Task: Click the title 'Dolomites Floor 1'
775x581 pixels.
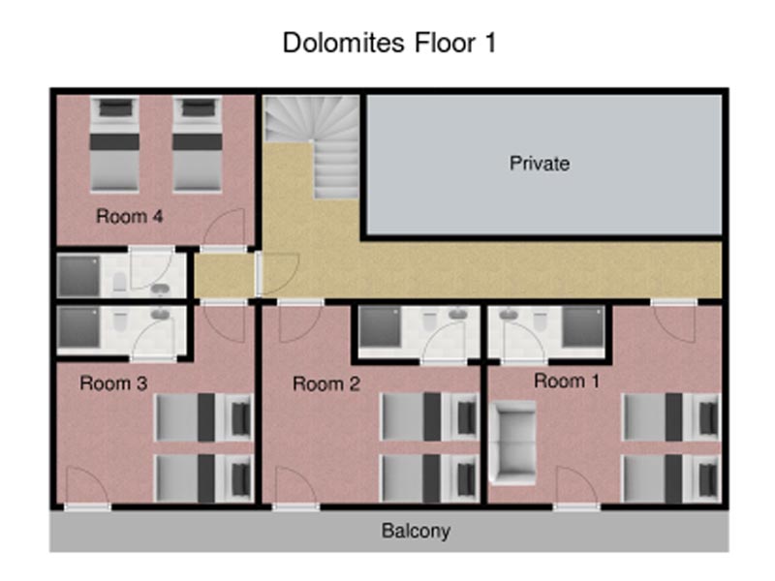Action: (x=389, y=43)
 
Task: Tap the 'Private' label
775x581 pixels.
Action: (x=540, y=164)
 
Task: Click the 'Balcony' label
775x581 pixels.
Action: (x=416, y=531)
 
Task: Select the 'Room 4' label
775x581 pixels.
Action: (x=129, y=216)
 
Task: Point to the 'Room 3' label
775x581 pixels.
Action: (x=113, y=383)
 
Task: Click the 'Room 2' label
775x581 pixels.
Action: (x=326, y=383)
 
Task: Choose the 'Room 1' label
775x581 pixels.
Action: (x=567, y=381)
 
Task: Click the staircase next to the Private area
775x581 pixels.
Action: (x=312, y=146)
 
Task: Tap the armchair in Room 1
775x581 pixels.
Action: (x=512, y=443)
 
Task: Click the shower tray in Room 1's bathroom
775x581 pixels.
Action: (x=583, y=326)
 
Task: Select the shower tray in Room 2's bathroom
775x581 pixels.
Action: (x=380, y=326)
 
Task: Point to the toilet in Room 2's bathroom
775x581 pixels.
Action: (x=430, y=321)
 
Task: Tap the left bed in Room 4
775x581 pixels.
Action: (x=114, y=143)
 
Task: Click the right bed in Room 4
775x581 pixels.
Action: (x=197, y=143)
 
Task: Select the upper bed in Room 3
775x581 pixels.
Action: (x=204, y=417)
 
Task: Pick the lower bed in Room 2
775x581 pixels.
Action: (x=429, y=478)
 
